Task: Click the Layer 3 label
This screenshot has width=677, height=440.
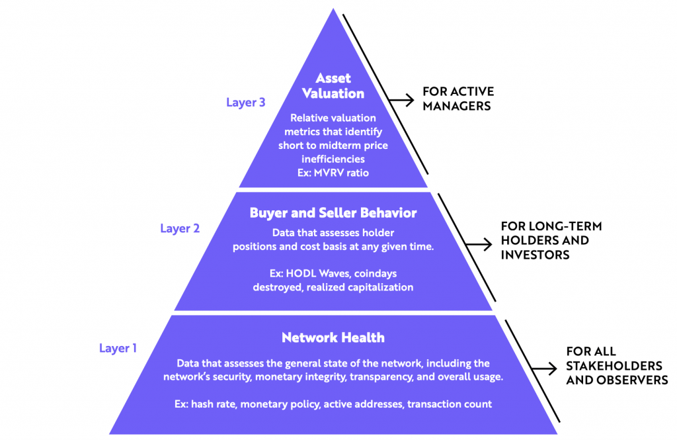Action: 246,103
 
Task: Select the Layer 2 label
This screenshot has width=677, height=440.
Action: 180,228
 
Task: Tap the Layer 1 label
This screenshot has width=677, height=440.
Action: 118,347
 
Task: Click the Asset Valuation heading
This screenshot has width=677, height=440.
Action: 333,86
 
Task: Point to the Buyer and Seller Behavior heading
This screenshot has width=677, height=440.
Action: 333,213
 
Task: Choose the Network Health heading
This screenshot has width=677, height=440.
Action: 333,337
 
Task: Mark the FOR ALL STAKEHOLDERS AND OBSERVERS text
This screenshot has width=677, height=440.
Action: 616,366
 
